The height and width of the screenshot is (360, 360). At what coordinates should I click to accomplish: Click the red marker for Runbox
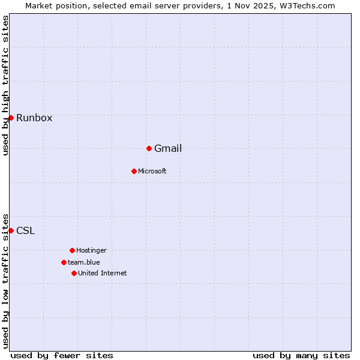11,118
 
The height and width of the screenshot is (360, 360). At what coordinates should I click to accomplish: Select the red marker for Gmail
149,148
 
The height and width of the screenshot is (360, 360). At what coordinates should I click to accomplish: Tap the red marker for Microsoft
134,171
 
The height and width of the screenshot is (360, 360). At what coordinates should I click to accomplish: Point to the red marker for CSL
11,230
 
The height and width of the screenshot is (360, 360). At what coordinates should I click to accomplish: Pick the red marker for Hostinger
72,250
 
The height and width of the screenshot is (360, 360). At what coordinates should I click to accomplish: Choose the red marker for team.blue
64,262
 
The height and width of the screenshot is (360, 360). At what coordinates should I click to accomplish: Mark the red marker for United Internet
74,273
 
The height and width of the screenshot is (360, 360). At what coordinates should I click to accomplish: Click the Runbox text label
34,118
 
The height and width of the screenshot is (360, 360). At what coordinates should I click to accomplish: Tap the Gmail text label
168,148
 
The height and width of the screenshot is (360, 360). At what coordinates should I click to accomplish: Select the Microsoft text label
152,171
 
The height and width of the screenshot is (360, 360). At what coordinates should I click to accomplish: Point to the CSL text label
25,230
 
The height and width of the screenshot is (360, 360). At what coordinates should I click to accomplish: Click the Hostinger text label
91,250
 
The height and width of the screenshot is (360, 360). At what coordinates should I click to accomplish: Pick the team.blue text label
84,262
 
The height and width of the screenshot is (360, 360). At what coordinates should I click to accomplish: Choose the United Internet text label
103,273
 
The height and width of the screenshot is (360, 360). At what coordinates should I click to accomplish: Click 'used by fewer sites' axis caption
62,355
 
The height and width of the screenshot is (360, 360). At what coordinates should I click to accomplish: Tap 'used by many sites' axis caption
301,355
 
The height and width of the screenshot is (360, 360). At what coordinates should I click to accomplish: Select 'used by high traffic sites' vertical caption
5,85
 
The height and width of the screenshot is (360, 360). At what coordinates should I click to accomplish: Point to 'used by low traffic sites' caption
5,281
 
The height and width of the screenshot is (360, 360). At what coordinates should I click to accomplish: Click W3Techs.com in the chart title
304,5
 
